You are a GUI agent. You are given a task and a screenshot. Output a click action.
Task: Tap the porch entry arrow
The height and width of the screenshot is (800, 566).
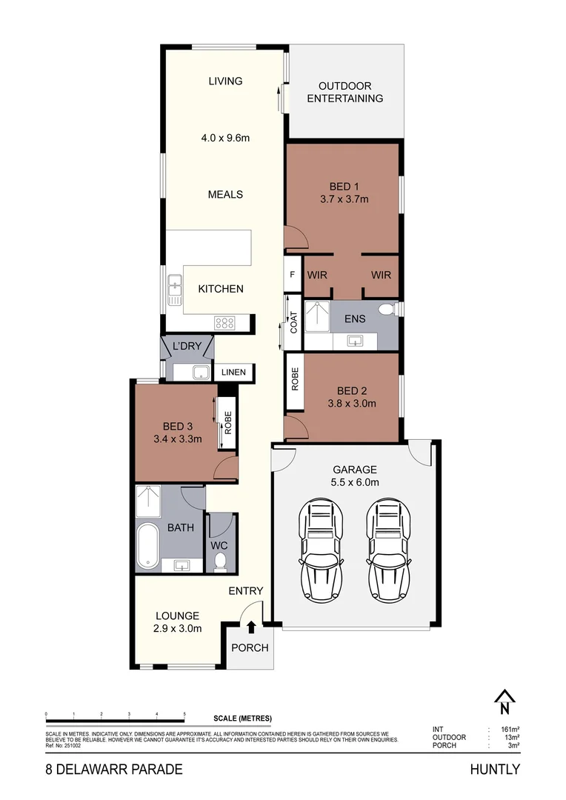tap(251, 627)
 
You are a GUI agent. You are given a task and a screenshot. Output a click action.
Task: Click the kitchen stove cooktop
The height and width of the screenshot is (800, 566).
tap(224, 323)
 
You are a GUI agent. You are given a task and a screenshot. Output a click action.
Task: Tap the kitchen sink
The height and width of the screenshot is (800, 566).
tap(175, 289)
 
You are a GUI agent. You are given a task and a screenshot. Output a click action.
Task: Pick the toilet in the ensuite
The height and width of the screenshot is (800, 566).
tap(386, 310)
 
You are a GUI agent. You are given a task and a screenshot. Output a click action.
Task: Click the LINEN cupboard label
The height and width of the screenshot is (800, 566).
tap(235, 373)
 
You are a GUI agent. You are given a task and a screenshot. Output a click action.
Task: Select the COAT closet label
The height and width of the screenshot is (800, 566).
tap(293, 322)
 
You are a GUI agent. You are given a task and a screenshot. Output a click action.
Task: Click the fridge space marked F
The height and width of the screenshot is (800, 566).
tap(293, 275)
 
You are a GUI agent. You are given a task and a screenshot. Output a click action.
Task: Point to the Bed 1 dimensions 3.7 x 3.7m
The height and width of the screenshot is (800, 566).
tap(344, 199)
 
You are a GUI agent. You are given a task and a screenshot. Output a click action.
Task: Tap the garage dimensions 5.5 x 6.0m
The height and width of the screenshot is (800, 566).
tap(354, 482)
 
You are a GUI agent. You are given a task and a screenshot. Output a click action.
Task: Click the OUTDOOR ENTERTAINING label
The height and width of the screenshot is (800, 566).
tap(344, 92)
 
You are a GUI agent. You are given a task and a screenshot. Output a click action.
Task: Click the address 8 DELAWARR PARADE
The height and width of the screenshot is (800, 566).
tap(113, 769)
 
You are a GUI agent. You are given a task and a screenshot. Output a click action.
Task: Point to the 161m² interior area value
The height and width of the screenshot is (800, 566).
tap(508, 730)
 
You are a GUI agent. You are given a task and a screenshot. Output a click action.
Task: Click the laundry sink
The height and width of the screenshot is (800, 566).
tap(199, 372)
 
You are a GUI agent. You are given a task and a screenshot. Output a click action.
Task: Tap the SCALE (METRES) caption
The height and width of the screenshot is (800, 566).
tap(242, 719)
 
